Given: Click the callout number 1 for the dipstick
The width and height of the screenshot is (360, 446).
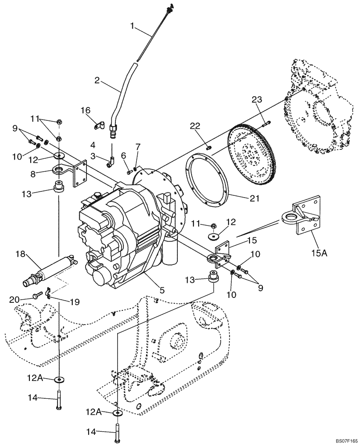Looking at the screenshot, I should click(132, 26).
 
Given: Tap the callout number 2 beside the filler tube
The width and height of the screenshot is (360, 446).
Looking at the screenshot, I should click(96, 81).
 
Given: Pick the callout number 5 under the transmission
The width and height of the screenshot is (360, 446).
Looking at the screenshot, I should click(162, 290).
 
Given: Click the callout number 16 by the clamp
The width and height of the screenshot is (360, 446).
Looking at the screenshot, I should click(86, 110).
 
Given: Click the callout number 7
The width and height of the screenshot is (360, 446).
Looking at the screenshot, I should click(138, 147).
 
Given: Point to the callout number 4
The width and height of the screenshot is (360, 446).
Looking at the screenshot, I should click(94, 145).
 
